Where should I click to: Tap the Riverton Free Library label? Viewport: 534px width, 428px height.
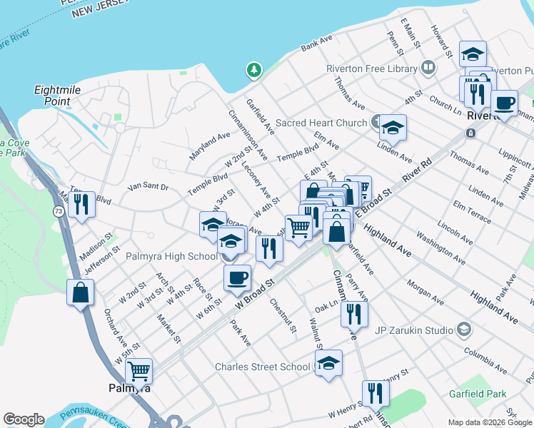(371, 68)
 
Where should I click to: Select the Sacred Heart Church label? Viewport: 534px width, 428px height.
(321, 123)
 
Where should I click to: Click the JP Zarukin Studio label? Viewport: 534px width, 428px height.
(410, 330)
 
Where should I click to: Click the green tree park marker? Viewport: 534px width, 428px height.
(253, 70)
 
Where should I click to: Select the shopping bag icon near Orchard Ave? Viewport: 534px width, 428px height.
(81, 292)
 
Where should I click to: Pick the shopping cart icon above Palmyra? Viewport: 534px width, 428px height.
(138, 370)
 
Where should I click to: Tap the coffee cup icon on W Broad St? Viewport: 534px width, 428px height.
(237, 277)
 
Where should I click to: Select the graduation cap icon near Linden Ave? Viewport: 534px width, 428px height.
(392, 128)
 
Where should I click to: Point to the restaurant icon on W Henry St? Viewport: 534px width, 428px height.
(375, 393)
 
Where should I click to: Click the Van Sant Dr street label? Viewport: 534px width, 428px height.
(148, 187)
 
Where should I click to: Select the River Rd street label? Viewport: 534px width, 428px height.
(418, 170)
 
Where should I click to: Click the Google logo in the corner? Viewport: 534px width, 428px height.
(24, 419)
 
